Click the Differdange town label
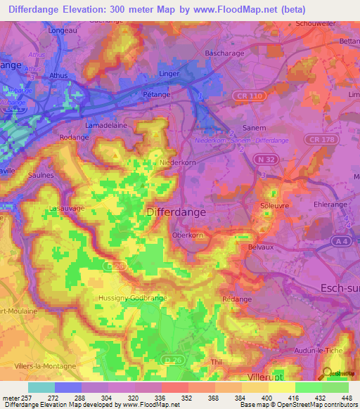(176, 211)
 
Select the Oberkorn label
(187, 236)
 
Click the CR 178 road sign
(322, 140)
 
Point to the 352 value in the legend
(174, 398)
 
